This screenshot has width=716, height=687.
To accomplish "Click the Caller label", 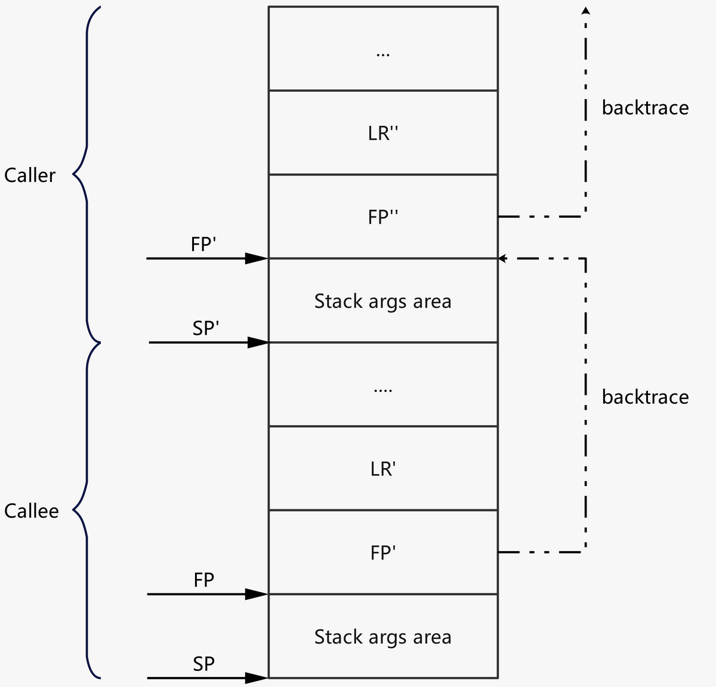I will point(30,175).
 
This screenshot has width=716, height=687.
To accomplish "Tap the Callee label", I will point(31,511).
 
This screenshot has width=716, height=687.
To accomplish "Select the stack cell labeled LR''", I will point(383,133).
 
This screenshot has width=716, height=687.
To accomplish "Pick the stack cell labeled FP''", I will point(383,217).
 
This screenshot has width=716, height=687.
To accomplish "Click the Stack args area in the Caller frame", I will point(383,301).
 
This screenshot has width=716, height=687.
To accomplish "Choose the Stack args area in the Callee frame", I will point(383,637).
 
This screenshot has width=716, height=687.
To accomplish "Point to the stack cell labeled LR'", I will point(383,469).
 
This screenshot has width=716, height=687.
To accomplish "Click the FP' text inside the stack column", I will point(383,553).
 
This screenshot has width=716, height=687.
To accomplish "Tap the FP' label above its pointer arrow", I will point(203,245).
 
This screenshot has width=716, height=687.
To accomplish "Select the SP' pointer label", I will point(206,328).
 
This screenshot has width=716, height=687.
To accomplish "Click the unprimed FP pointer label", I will point(203,580).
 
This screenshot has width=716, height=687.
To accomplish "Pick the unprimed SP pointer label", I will point(203,664).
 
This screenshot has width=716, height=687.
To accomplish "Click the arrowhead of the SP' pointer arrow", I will point(258,342).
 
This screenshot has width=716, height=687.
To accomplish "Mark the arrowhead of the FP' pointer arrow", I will point(257,258).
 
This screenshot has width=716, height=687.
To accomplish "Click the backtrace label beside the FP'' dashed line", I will point(645,108).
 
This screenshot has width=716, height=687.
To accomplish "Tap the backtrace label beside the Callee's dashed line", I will point(645,397).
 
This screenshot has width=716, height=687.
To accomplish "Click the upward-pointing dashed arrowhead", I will point(586,10).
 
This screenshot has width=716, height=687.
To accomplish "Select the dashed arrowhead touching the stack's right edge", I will point(502,258).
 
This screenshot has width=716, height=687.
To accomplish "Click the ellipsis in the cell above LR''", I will point(383,54).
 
